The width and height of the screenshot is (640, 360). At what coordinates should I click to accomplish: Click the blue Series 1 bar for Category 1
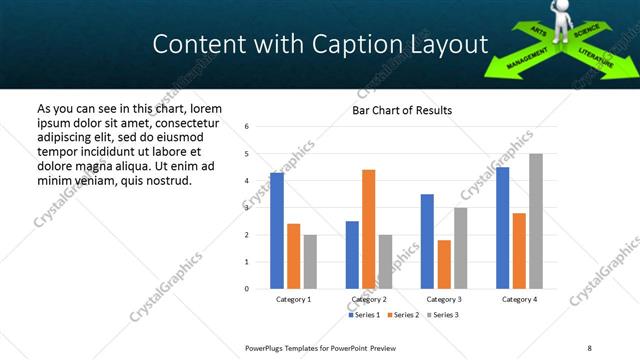tap(277, 231)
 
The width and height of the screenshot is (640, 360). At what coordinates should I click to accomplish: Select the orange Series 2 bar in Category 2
tap(368, 229)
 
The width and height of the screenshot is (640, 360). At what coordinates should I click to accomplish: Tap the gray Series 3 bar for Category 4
tap(535, 221)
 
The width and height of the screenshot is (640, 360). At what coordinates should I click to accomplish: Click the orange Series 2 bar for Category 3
tap(444, 264)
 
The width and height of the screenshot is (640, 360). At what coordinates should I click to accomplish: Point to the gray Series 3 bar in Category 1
tap(310, 262)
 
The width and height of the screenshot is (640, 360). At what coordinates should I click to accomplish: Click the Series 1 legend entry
tap(365, 315)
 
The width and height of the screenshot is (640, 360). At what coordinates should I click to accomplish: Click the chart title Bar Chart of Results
tap(402, 110)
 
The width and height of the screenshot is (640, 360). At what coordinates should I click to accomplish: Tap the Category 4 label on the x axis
tap(518, 299)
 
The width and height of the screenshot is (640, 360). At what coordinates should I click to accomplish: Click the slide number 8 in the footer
tap(590, 347)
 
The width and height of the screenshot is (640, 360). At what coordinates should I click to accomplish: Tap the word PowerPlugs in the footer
tap(265, 347)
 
